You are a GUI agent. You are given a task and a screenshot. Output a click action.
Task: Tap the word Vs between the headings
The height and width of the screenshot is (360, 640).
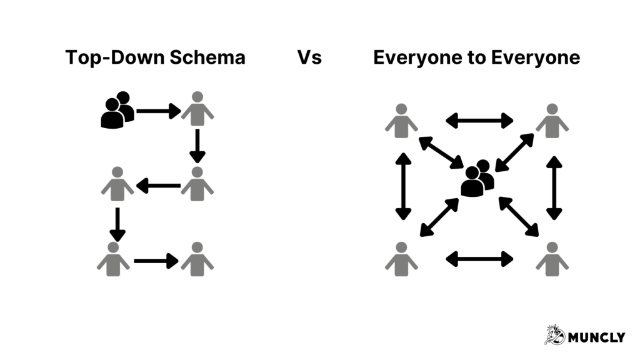coord(309,58)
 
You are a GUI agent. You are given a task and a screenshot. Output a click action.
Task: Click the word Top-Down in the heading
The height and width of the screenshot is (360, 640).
coord(109,58)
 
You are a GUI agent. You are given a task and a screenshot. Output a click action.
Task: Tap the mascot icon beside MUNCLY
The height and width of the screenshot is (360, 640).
coord(554,335)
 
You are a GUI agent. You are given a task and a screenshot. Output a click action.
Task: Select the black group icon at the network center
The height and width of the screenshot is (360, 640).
coord(477,179)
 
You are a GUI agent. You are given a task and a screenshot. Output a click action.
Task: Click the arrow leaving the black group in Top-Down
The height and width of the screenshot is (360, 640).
coord(158,112)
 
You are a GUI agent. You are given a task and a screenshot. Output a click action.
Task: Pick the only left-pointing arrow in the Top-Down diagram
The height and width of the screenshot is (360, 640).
coord(158,186)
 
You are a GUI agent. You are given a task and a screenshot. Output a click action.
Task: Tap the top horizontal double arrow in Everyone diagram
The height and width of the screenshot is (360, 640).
coord(479,121)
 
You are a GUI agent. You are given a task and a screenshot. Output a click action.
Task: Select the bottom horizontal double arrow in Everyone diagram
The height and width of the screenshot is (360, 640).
coord(479,257)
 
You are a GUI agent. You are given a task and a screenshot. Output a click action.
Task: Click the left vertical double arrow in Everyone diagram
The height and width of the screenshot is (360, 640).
coord(403,186)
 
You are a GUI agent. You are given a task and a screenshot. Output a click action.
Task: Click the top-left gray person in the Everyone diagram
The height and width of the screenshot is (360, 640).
coord(401,121)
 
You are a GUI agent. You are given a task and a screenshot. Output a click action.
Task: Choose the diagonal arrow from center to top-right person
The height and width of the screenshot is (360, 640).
coord(514,152)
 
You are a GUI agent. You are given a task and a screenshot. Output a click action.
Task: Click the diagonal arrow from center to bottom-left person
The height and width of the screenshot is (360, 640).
coord(439,217)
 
